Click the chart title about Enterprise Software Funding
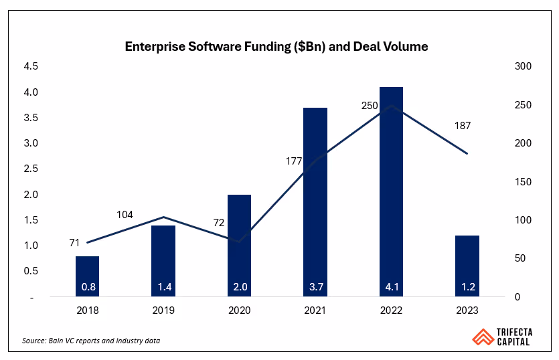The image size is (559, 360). tap(276, 47)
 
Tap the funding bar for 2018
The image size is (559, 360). tap(87, 276)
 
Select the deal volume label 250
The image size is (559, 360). tap(370, 105)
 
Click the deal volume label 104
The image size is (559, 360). tap(125, 215)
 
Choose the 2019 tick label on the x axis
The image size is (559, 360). tap(163, 310)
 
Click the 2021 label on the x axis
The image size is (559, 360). tap(315, 310)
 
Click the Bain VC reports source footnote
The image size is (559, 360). tap(91, 341)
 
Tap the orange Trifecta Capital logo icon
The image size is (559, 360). tap(481, 336)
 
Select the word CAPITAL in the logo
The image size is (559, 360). tap(512, 342)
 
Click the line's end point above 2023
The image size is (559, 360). tap(467, 154)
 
